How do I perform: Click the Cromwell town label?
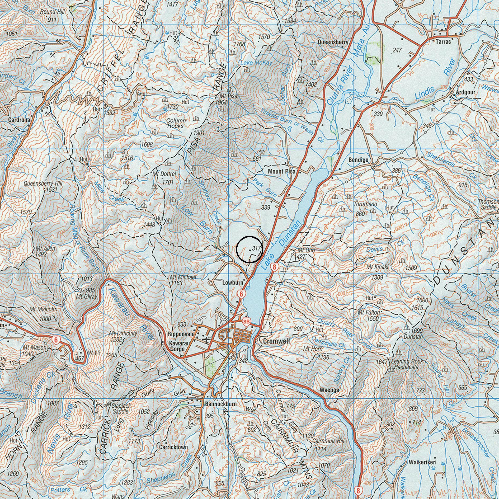tap(276, 341)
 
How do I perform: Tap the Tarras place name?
tap(443, 42)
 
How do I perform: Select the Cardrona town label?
tap(19, 120)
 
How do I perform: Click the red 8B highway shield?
tap(246, 321)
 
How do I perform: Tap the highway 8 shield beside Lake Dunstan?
tap(275, 267)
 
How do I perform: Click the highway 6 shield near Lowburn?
tap(241, 294)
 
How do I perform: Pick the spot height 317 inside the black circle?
tap(256, 248)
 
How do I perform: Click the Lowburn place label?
tap(233, 283)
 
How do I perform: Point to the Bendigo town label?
tap(358, 160)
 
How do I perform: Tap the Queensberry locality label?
tap(333, 42)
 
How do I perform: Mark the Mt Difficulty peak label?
tap(123, 333)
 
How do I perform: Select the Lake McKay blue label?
tap(256, 63)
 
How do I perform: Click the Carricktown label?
tap(173, 447)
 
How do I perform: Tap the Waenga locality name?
tap(329, 390)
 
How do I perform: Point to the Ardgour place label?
tap(465, 92)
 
